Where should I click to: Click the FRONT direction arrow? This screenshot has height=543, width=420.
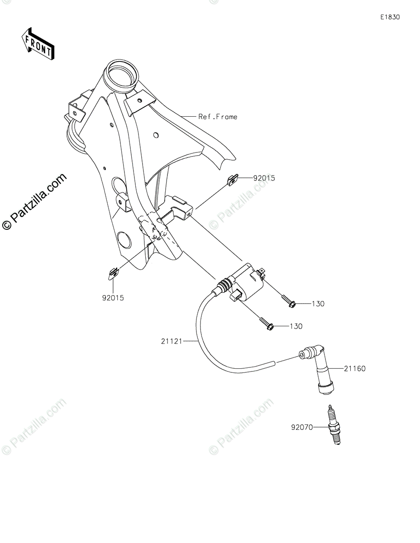coord(39,43)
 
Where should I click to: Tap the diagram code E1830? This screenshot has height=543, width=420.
coord(390,17)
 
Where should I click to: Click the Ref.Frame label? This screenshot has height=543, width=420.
coord(218,117)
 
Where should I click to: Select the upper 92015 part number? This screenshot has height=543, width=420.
coord(264,178)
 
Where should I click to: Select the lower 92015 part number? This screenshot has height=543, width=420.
coord(113,298)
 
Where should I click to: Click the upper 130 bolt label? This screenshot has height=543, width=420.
coord(318,304)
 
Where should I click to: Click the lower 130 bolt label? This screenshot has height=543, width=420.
coord(296,326)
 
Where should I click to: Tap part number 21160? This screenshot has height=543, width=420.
coord(354,369)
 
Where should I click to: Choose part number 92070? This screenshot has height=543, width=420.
coord(302,426)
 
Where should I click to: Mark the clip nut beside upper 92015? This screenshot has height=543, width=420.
coord(232,181)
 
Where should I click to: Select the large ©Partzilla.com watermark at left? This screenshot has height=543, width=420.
coord(34,201)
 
